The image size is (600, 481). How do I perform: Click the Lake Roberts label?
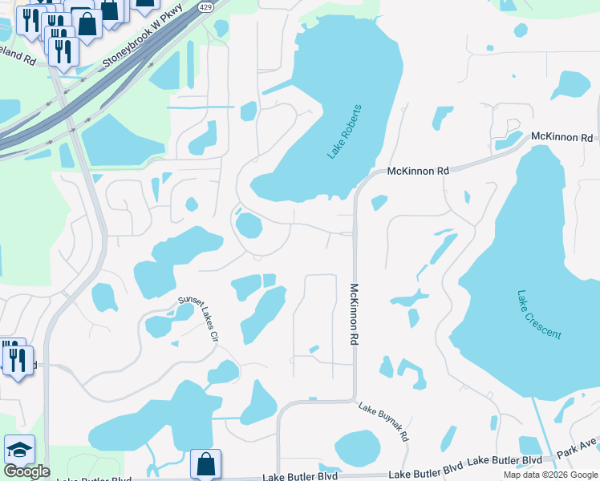point(346,131)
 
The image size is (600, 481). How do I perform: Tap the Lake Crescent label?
point(538,314)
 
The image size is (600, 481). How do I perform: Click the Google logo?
point(26,471)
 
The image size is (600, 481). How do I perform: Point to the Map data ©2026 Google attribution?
point(549,475)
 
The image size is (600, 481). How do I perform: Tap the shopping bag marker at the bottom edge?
point(205,463)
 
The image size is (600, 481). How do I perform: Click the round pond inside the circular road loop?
point(249,225)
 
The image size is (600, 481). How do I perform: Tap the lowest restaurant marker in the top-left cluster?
point(63,51)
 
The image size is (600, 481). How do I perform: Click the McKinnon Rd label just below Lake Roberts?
point(418,171)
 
